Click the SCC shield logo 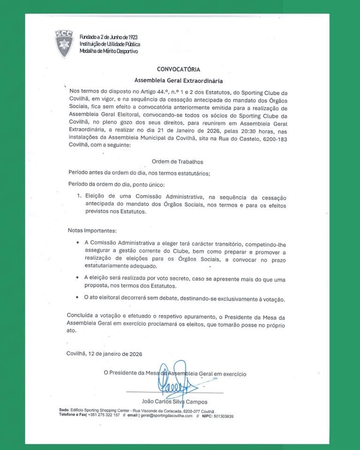point(64,44)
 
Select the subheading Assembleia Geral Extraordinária point(179,80)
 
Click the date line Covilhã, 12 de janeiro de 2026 point(105,354)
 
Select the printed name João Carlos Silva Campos point(174,402)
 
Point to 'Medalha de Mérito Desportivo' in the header point(109,51)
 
